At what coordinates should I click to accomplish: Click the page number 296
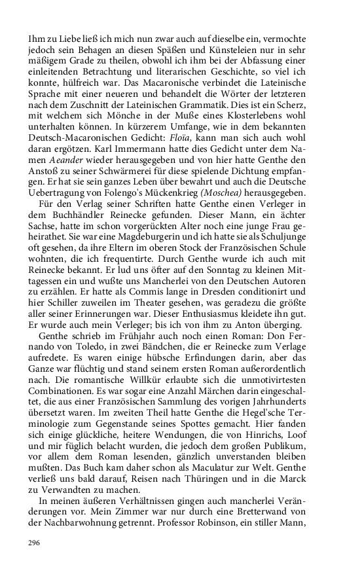coord(34,543)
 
